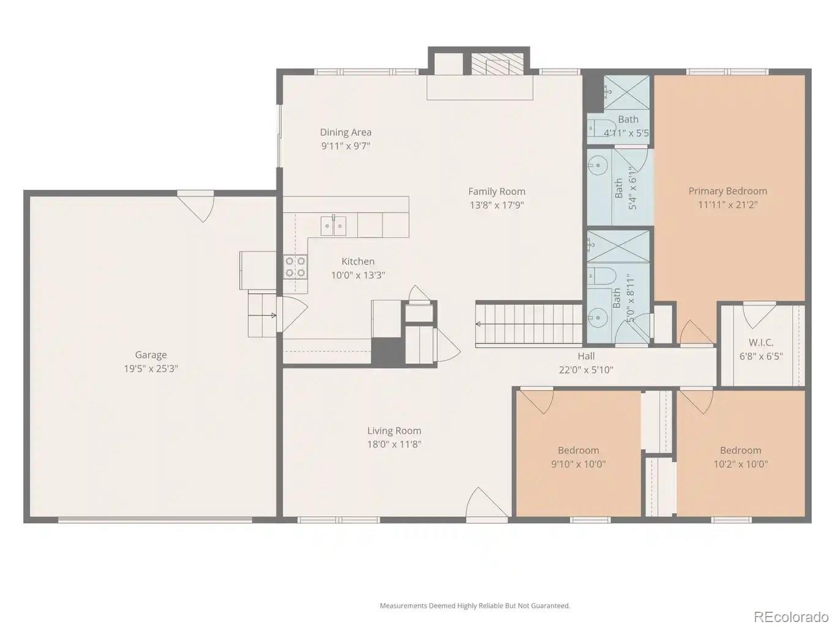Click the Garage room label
point(150,355)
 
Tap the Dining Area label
point(346,132)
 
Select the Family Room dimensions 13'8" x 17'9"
point(497,205)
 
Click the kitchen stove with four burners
point(295,267)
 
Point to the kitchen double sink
point(333,225)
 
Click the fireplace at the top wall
point(497,63)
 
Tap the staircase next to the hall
point(529,325)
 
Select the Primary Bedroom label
point(727,191)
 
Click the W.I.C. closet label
point(761,342)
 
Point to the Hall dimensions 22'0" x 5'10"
point(585,370)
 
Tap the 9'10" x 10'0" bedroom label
point(578,451)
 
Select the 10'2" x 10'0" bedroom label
point(740,451)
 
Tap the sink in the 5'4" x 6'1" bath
point(598,165)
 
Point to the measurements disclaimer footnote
point(475,606)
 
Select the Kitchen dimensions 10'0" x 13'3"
point(358,276)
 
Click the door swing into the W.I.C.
point(759,313)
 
